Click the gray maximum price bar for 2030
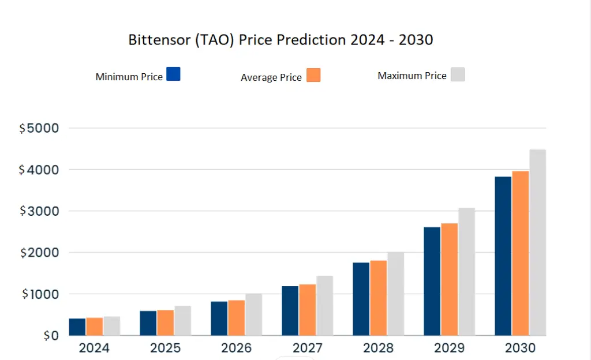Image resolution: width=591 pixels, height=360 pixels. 537,242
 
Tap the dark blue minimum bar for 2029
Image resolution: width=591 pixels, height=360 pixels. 432,281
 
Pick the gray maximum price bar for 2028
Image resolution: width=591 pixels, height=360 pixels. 395,294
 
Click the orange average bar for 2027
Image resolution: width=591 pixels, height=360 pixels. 307,310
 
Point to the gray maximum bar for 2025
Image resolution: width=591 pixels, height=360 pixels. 182,321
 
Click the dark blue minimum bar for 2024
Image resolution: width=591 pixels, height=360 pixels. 77,327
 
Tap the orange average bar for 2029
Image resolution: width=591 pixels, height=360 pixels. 449,279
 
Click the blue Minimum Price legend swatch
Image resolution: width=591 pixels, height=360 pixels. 173,74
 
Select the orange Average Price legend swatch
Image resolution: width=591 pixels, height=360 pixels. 313,75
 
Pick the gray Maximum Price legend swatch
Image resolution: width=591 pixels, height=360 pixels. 457,74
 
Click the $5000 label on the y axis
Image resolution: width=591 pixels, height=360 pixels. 39,128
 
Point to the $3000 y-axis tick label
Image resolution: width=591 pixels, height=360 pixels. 39,211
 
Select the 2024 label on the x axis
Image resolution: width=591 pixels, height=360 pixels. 94,348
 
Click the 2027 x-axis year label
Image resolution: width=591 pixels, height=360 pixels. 307,348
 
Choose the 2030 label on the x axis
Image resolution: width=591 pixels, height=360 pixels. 520,348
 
